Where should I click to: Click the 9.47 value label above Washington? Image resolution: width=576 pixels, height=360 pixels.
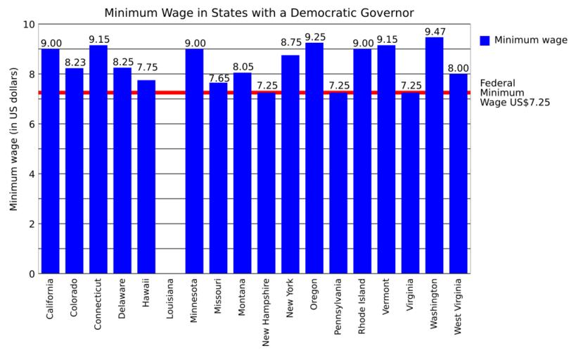[x=435, y=31]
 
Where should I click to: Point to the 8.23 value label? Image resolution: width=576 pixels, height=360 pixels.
[x=75, y=62]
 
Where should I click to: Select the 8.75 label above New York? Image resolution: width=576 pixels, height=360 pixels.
[x=290, y=43]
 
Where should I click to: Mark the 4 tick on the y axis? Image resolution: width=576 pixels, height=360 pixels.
[x=31, y=174]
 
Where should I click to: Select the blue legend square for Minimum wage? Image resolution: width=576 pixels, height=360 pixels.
[x=485, y=41]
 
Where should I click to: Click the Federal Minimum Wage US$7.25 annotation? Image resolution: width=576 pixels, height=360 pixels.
[x=514, y=92]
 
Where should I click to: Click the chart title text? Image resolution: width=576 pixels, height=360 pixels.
[x=259, y=13]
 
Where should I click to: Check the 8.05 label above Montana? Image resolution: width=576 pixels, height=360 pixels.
[x=243, y=67]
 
